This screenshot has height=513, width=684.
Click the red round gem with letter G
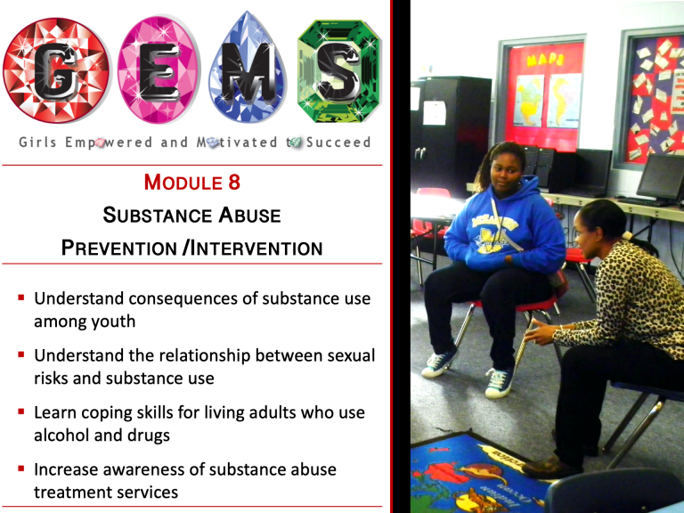click(56, 70)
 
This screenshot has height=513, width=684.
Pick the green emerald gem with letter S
click(339, 70)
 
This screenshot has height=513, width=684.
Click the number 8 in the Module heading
click(234, 182)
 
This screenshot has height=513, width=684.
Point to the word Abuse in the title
click(249, 215)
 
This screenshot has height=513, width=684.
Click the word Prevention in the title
click(118, 248)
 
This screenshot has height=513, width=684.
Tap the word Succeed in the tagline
click(338, 142)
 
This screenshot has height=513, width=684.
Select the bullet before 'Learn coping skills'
click(21, 411)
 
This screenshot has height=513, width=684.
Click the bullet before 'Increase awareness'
click(21, 468)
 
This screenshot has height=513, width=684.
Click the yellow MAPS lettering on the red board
click(545, 60)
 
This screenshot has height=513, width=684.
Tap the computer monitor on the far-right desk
click(661, 176)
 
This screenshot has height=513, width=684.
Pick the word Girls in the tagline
click(37, 142)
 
